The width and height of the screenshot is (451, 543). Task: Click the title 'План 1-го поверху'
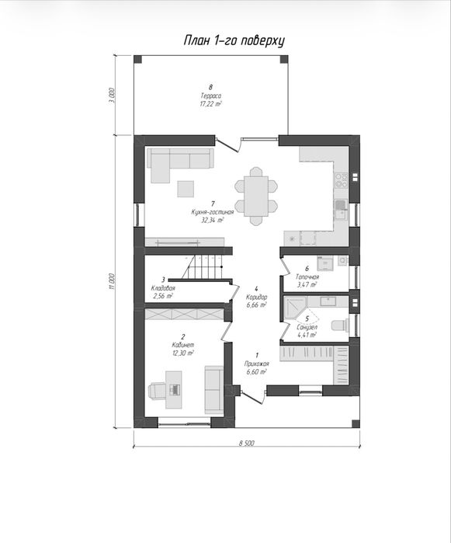click(234, 41)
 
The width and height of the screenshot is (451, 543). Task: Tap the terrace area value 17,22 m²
click(210, 103)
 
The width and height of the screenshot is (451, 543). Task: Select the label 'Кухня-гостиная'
click(213, 212)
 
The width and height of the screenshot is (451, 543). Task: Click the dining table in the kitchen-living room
click(256, 197)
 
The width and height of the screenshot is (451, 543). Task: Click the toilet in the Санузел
click(340, 325)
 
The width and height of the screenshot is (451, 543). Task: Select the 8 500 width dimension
click(246, 443)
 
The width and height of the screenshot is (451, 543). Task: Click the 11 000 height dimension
click(111, 281)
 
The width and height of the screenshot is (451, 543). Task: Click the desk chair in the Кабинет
click(157, 390)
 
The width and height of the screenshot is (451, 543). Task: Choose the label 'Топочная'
click(307, 277)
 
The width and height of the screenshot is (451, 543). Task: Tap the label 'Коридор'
click(256, 297)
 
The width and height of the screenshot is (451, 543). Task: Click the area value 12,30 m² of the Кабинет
click(182, 353)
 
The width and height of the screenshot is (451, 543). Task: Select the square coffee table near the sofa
click(186, 189)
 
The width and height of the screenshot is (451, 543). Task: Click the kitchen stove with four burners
click(341, 179)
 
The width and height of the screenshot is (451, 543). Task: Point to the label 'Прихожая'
click(256, 364)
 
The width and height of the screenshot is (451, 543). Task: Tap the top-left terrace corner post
click(137, 59)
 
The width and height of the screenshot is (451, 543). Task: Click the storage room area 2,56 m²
click(163, 296)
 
